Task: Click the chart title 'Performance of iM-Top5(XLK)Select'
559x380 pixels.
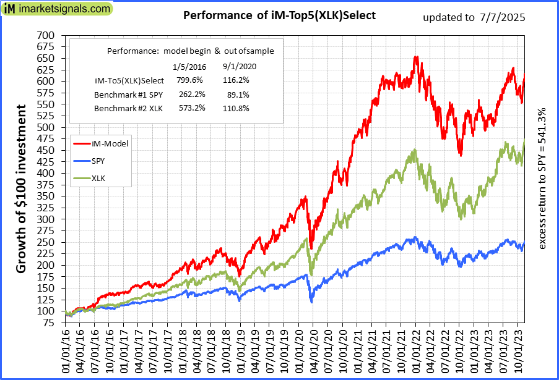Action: (279, 15)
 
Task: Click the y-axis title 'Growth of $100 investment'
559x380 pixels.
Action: (22, 188)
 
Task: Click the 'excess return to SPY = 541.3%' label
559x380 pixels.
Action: (542, 179)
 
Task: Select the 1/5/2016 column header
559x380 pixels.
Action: (186, 66)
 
